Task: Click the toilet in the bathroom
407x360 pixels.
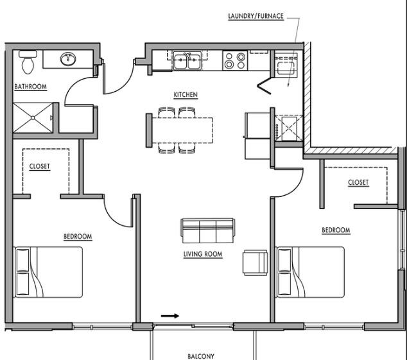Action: click(x=28, y=62)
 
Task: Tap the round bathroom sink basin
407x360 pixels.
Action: click(x=68, y=59)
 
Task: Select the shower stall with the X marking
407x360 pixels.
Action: click(x=33, y=118)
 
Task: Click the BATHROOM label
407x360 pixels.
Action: click(x=31, y=87)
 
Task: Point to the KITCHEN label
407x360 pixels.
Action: click(x=186, y=95)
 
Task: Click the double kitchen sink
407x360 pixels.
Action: click(x=187, y=60)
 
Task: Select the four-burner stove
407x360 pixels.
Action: click(x=235, y=60)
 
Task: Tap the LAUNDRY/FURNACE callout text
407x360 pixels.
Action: click(x=256, y=16)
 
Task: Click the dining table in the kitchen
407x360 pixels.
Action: click(x=182, y=130)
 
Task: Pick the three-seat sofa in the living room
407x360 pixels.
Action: click(x=208, y=231)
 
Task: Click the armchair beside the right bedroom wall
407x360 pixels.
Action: click(x=255, y=262)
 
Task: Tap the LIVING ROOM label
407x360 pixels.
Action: click(x=203, y=254)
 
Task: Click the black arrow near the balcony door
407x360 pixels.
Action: click(x=170, y=316)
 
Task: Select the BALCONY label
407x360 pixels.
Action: click(x=201, y=356)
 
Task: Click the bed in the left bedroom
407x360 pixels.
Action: click(x=48, y=272)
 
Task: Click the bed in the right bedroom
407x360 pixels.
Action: click(x=311, y=272)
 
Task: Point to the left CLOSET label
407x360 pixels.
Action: click(x=39, y=166)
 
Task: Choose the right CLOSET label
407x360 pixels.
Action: click(x=358, y=182)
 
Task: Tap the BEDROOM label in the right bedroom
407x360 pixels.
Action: click(x=336, y=230)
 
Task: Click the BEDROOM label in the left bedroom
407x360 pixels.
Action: click(x=78, y=237)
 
